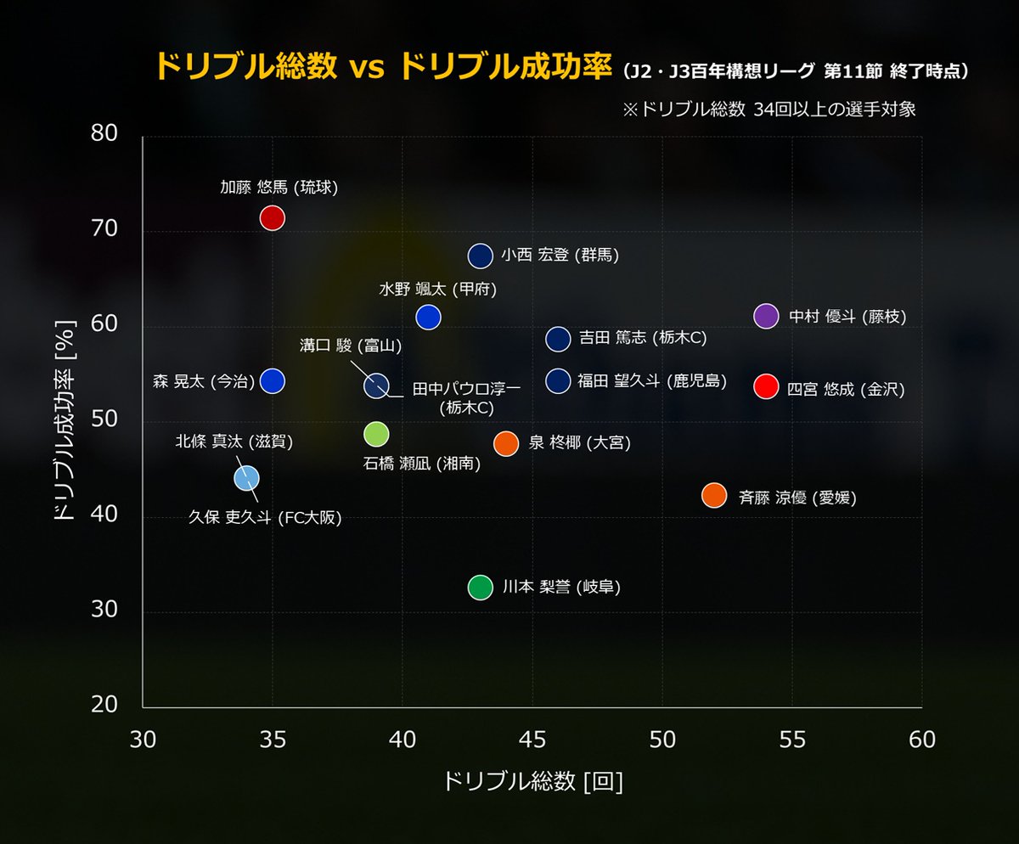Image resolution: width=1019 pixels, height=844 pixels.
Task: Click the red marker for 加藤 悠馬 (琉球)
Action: [x=272, y=217]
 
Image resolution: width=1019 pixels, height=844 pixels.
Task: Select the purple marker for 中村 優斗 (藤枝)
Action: [x=766, y=316]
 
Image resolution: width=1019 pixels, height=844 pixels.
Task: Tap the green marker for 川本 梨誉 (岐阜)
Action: [x=480, y=587]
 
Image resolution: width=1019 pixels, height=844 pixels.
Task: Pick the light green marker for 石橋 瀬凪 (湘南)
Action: [x=376, y=434]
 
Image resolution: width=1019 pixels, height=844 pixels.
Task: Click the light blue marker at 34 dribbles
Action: [x=246, y=478]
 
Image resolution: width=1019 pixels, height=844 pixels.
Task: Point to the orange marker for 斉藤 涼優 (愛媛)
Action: [x=714, y=495]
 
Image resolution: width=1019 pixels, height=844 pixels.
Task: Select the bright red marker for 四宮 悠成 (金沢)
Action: [x=766, y=386]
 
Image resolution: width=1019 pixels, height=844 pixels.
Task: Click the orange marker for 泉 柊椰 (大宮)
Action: [x=506, y=443]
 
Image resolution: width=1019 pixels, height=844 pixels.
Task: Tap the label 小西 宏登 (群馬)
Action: [x=560, y=255]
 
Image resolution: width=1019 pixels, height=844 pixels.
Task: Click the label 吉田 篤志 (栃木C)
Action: [x=642, y=338]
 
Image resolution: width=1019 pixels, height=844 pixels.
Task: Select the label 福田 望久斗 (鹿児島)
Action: [x=651, y=381]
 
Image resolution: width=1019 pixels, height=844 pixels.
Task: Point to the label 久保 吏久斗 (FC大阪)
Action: [x=265, y=518]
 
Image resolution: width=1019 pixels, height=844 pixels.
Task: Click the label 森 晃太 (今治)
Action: [x=203, y=381]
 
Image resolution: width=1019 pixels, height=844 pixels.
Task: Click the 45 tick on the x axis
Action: [x=532, y=740]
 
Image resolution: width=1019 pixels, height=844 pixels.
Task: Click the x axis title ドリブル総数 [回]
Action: [x=532, y=782]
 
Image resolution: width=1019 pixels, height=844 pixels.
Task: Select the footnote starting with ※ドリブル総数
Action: [x=769, y=110]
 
